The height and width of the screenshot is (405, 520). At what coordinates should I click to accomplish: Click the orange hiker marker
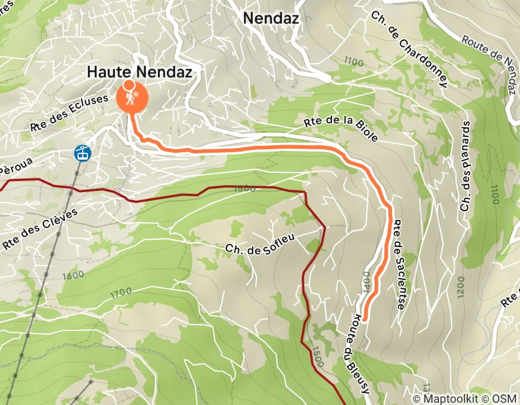pyautogui.click(x=131, y=97)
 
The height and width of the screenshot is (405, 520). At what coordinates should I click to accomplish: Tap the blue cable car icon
pyautogui.click(x=82, y=153)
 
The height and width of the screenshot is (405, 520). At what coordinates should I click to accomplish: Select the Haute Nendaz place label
pyautogui.click(x=139, y=72)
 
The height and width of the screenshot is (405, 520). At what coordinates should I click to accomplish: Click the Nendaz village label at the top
pyautogui.click(x=270, y=18)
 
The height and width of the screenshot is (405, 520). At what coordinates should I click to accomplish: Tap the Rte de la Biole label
pyautogui.click(x=340, y=130)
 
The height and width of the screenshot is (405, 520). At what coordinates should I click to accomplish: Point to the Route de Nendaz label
pyautogui.click(x=489, y=58)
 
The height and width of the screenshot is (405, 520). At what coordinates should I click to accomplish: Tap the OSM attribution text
pyautogui.click(x=504, y=399)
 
